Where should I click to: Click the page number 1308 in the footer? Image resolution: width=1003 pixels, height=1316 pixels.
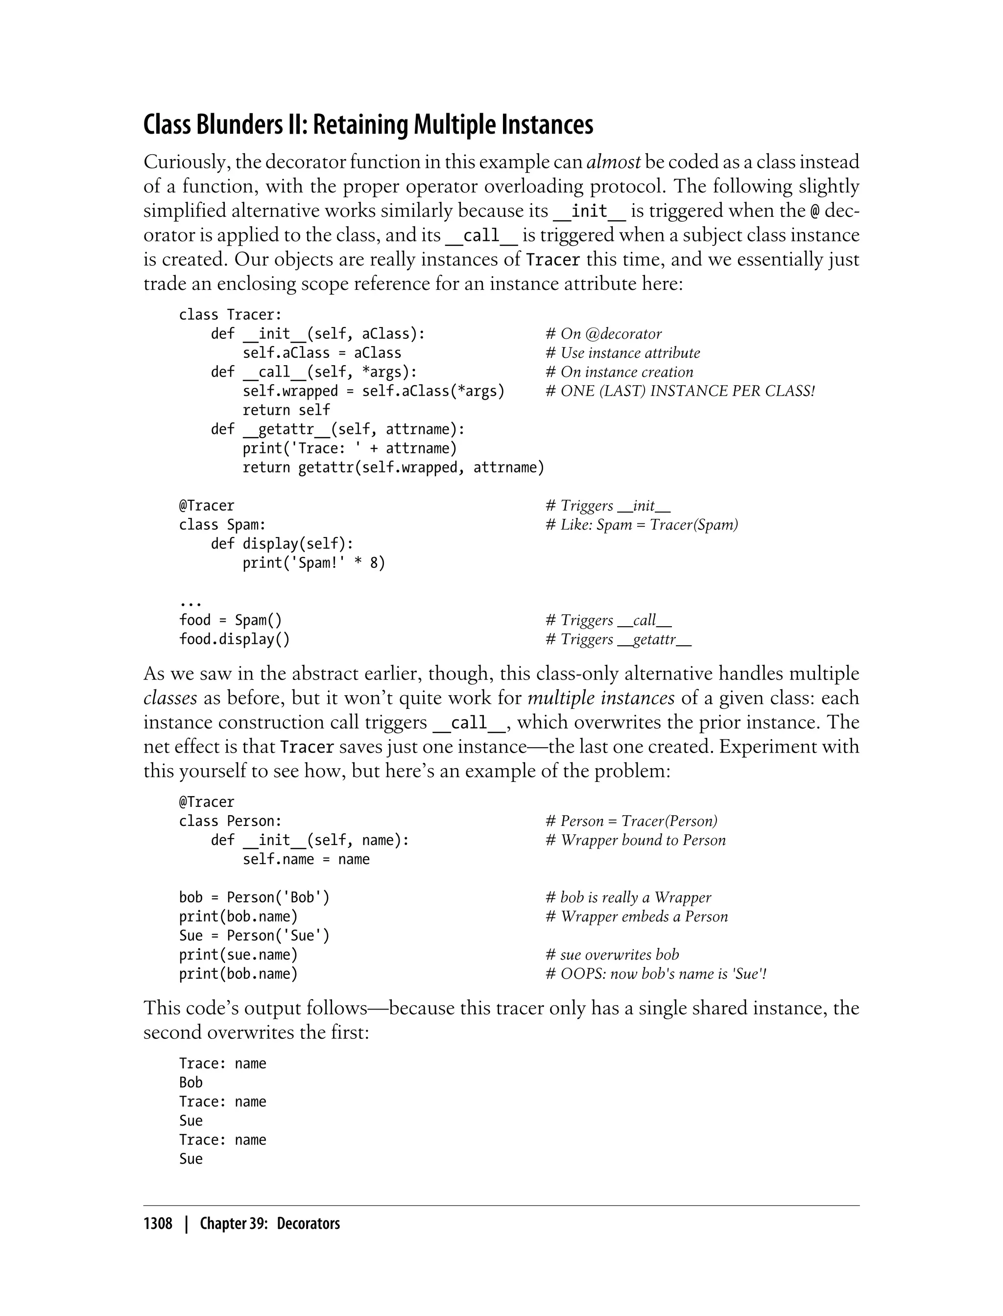[158, 1223]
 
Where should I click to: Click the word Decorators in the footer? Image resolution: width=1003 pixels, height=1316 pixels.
[308, 1223]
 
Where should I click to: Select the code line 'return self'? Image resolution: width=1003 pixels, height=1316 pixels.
[286, 410]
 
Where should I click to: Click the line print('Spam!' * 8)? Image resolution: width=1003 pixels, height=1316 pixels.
[313, 563]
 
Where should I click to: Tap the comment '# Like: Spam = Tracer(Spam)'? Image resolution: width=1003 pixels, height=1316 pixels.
[641, 525]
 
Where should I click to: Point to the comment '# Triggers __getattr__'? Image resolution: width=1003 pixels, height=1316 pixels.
[618, 639]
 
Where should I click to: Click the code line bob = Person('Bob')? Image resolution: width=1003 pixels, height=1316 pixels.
[254, 897]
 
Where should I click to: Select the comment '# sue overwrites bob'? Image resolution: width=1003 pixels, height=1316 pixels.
[612, 954]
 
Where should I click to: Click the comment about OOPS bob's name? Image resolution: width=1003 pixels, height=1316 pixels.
[656, 973]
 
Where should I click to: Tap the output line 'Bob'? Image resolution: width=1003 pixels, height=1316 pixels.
[191, 1082]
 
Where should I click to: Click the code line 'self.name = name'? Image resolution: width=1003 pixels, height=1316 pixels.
[306, 859]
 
